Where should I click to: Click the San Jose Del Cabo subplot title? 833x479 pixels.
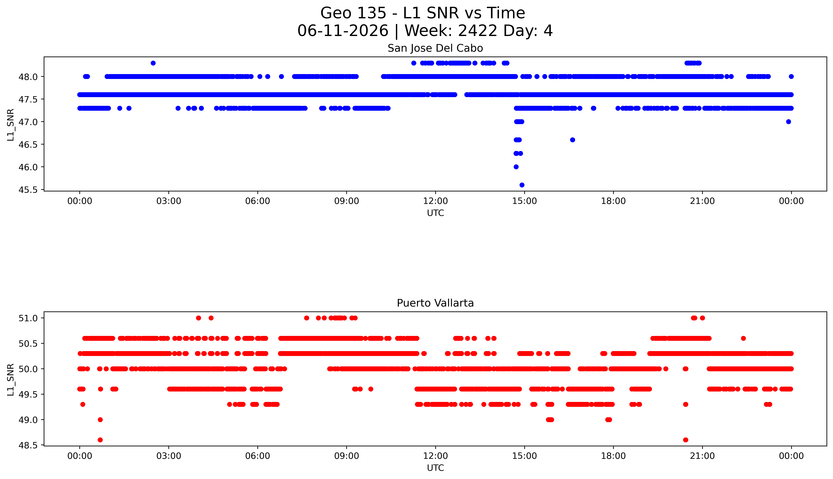[435, 48]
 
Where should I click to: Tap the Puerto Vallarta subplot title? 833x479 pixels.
[435, 303]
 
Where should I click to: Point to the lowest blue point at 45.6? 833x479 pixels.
[522, 185]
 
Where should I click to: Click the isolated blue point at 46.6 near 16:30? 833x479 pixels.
[572, 140]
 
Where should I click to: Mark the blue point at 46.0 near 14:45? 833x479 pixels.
[516, 167]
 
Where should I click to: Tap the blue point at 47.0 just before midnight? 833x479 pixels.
[788, 122]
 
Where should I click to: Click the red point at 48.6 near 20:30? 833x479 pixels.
[685, 440]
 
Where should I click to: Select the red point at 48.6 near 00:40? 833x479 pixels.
[100, 440]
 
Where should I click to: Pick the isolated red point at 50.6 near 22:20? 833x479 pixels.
[743, 338]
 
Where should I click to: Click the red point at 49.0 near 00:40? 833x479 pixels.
[100, 419]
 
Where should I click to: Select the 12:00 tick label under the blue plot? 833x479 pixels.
[435, 201]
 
